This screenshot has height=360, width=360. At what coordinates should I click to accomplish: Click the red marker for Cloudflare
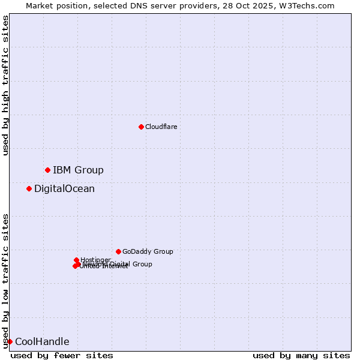pos(141,127)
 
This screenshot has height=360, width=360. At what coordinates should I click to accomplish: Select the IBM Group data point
pos(47,170)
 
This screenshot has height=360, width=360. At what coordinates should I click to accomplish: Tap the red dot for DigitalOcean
pos(29,188)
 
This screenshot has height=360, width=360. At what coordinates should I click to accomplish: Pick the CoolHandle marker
pos(10,341)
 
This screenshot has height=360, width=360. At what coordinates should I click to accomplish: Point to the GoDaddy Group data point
pos(118,251)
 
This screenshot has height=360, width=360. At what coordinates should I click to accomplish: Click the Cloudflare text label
pos(161,127)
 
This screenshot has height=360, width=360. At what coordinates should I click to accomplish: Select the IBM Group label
pos(78,170)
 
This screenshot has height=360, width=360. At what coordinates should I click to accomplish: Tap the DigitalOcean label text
pos(64,188)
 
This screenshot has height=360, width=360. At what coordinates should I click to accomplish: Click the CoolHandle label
pos(42,341)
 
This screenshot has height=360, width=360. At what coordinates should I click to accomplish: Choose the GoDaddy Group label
pos(148,251)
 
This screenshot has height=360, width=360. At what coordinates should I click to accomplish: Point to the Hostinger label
pos(95,260)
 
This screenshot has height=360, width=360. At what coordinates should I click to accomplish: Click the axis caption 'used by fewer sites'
pos(62,355)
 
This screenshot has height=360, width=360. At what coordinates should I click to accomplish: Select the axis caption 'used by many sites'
pos(301,355)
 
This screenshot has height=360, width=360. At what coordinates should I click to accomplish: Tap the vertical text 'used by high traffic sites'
pos(5,85)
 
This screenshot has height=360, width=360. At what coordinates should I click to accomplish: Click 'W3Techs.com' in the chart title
pos(309,5)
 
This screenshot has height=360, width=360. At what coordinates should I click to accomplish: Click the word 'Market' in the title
pos(40,5)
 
